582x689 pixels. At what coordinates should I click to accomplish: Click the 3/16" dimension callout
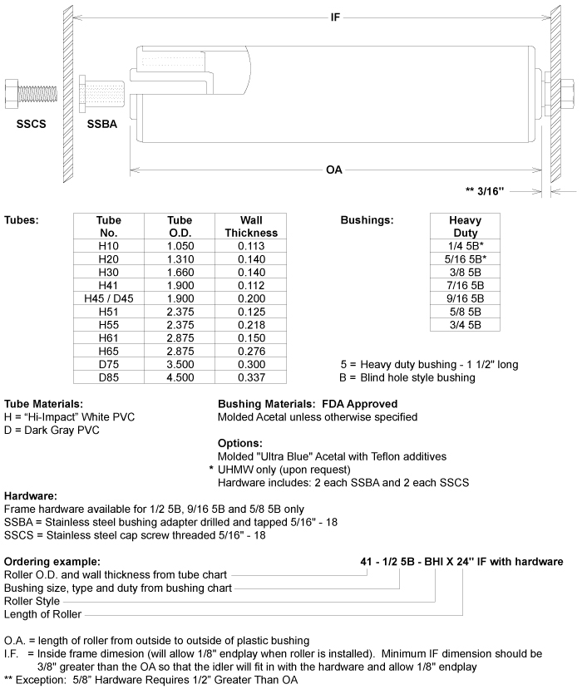pos(485,191)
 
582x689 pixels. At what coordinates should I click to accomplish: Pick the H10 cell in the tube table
pos(109,246)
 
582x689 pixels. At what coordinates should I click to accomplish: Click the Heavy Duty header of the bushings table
pos(465,227)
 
